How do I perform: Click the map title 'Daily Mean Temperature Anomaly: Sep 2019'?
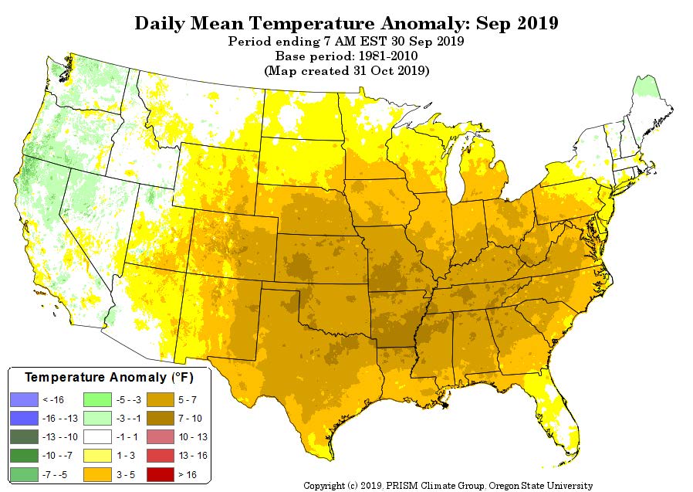(346, 22)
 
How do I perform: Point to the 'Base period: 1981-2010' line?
(346, 56)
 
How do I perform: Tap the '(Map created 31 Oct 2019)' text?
(346, 70)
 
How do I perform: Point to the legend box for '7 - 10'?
(167, 418)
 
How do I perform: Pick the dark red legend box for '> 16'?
(167, 473)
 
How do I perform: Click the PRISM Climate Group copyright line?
(448, 486)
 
